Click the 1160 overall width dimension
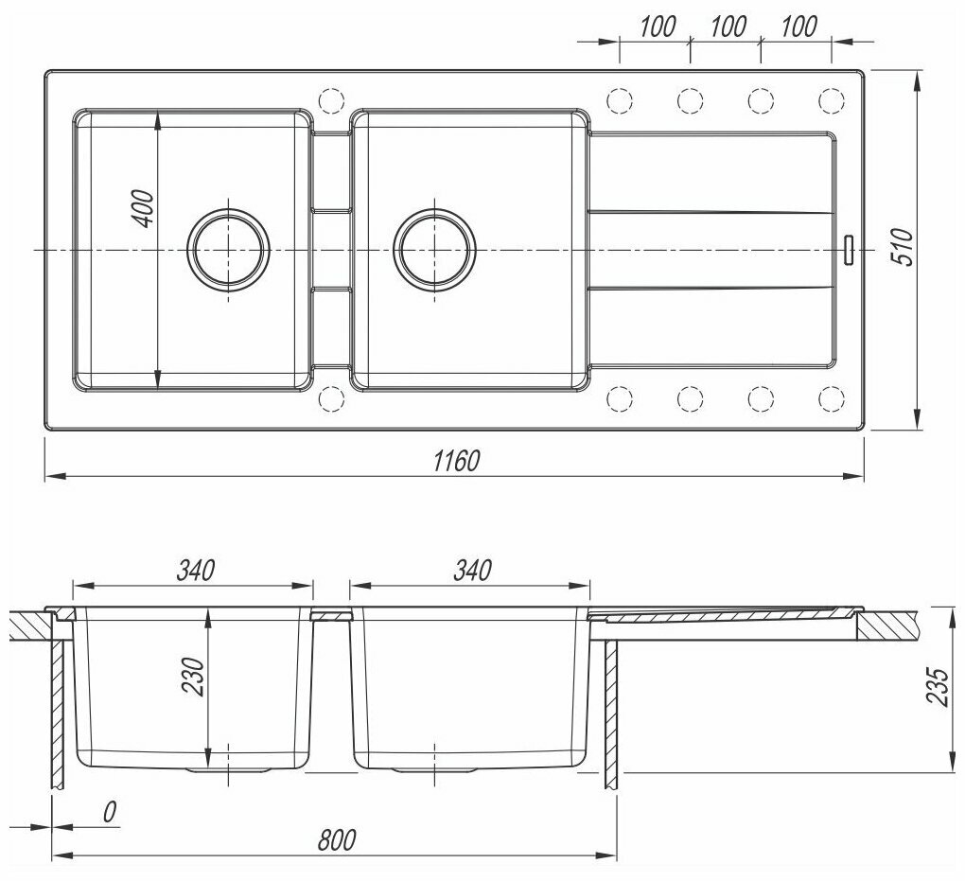[x=455, y=461]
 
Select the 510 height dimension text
[x=903, y=246]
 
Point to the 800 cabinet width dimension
[x=337, y=839]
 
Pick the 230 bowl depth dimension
[x=193, y=676]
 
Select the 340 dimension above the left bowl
[x=196, y=570]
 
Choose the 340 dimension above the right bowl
[x=473, y=570]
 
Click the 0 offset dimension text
[x=109, y=812]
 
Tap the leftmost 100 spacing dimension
[x=658, y=26]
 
